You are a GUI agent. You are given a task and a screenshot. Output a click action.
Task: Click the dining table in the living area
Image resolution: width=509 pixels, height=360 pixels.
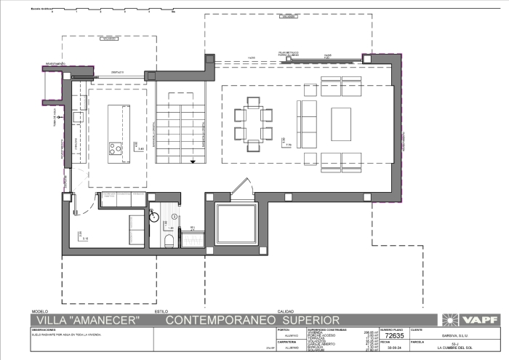tap(253, 124)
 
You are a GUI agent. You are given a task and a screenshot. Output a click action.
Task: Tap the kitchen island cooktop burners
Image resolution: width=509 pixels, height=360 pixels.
tap(115, 149)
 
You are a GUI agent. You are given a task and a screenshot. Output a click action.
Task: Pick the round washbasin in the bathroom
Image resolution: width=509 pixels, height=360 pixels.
tap(153, 215)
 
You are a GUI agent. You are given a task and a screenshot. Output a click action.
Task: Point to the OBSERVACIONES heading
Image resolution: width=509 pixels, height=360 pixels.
tap(44, 329)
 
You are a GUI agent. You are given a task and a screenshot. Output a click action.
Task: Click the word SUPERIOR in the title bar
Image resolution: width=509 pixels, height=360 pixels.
tap(310, 320)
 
